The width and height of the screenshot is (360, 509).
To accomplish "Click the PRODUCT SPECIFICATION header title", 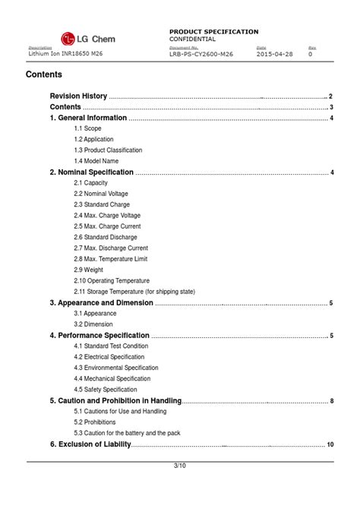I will (x=213, y=31).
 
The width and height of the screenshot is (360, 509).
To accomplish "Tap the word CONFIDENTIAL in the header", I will (x=193, y=39).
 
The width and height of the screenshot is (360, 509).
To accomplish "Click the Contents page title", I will (x=44, y=75).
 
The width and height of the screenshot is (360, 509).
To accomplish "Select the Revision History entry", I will (x=78, y=96).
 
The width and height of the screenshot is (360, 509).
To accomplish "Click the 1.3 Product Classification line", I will (x=108, y=150).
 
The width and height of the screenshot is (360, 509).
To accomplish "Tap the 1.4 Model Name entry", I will (x=96, y=161).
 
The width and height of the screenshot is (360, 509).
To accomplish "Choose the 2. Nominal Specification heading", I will (x=91, y=172).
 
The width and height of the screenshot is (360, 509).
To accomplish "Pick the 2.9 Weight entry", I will (x=89, y=270).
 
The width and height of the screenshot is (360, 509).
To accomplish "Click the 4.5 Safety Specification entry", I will (x=106, y=390).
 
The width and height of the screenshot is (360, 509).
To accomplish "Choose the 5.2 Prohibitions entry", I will (x=95, y=422).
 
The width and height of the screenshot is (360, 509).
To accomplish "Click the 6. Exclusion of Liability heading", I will (x=90, y=444).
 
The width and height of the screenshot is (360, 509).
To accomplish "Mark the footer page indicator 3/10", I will (x=180, y=466).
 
